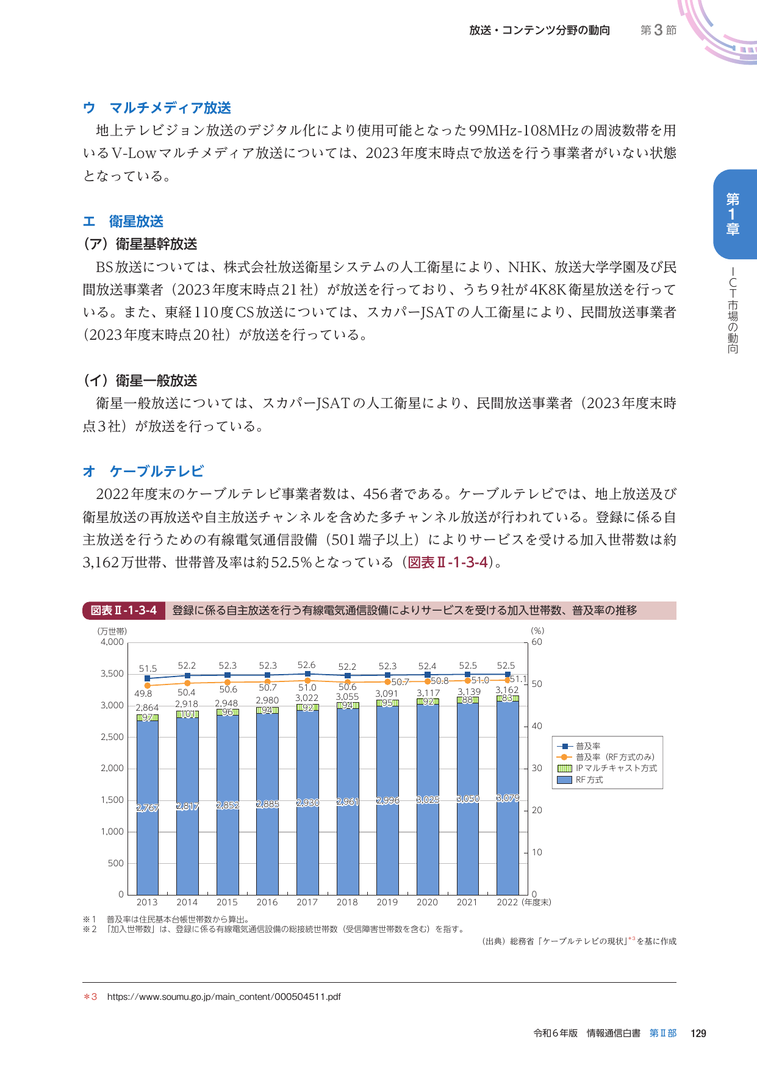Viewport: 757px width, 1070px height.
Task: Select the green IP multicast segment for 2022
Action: pos(508,698)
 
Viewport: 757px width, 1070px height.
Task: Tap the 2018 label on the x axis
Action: pos(347,902)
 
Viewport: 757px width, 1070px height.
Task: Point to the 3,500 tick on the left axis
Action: pos(112,673)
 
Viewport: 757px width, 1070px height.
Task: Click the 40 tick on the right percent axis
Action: pos(537,726)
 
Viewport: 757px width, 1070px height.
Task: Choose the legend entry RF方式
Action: pos(589,780)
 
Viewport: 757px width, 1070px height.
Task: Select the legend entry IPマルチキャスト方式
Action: pos(616,769)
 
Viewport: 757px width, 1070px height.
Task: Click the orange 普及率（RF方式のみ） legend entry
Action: pos(614,757)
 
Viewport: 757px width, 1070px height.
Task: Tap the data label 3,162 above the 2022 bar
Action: pos(507,690)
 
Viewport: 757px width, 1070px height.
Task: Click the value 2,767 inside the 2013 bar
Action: pos(147,808)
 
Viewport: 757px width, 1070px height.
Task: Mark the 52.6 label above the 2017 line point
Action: pos(306,665)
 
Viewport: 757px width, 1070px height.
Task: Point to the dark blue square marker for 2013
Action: pos(147,678)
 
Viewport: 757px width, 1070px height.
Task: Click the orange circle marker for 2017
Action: pos(307,680)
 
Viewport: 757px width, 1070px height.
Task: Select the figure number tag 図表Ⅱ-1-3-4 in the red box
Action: pos(124,610)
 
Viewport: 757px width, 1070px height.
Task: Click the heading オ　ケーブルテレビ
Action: pos(143,471)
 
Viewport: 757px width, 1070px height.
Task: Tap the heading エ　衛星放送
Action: pos(123,221)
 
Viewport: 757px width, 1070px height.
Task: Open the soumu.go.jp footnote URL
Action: pos(223,997)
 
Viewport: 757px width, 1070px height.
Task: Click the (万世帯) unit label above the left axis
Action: pos(112,631)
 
